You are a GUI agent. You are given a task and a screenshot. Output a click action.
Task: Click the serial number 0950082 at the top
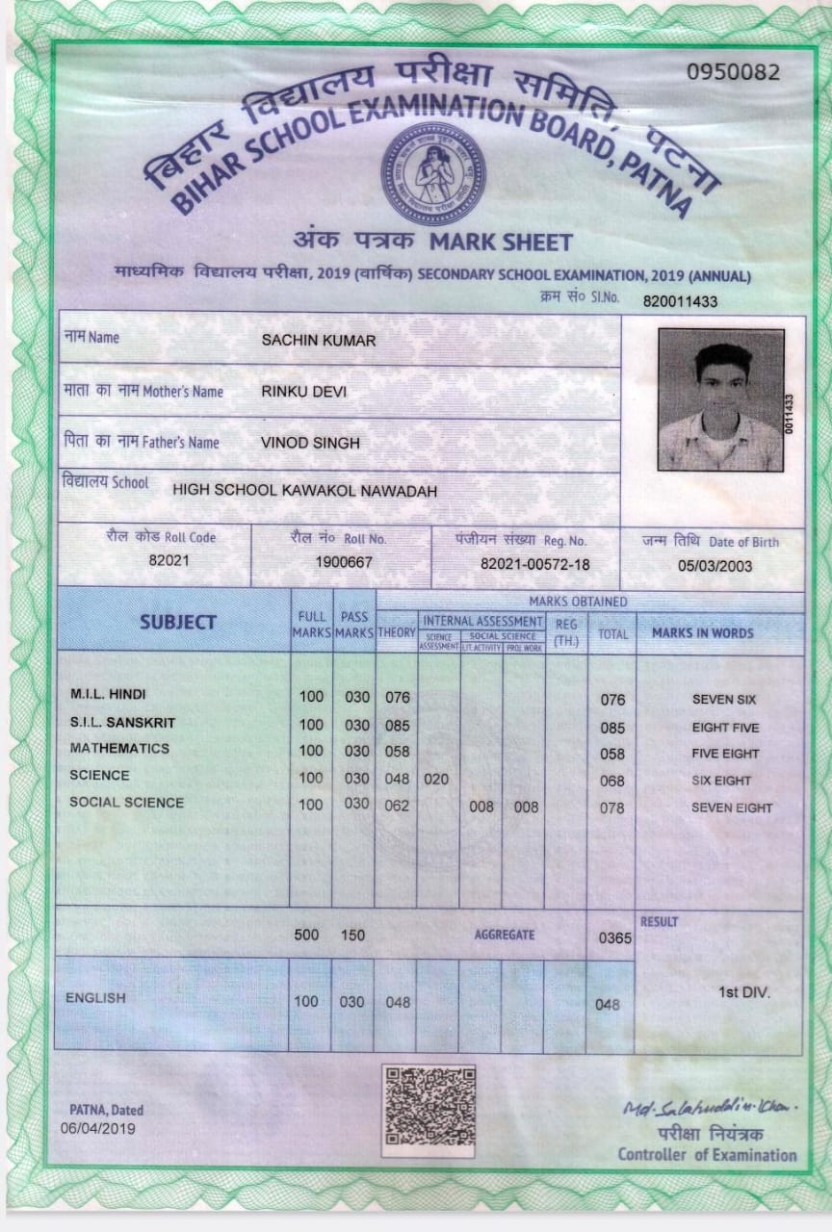(733, 72)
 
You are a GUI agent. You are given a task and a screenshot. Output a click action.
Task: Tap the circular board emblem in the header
(433, 173)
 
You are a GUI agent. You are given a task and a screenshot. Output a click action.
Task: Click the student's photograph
(720, 399)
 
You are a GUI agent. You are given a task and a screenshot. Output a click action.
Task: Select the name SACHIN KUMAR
(318, 341)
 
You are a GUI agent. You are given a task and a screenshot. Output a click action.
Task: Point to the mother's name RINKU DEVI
(303, 392)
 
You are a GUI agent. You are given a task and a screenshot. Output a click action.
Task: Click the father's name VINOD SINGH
(310, 443)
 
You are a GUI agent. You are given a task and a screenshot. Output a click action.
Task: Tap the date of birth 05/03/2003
(715, 566)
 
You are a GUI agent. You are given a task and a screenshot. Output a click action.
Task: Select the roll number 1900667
(344, 562)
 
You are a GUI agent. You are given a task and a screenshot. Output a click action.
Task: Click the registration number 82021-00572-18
(534, 564)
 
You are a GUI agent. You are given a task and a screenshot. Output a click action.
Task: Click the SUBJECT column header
(177, 622)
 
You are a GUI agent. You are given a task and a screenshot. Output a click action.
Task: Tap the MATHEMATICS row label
(119, 749)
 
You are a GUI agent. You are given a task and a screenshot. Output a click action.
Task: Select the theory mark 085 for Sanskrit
(397, 726)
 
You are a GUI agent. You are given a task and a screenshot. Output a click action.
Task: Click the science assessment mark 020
(436, 780)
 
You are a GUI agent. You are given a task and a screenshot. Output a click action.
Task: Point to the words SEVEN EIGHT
(732, 808)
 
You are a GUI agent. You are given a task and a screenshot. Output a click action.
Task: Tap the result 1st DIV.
(743, 991)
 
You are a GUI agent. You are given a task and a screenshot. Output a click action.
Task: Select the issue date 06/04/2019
(98, 1129)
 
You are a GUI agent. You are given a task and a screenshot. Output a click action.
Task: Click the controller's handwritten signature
(709, 1110)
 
